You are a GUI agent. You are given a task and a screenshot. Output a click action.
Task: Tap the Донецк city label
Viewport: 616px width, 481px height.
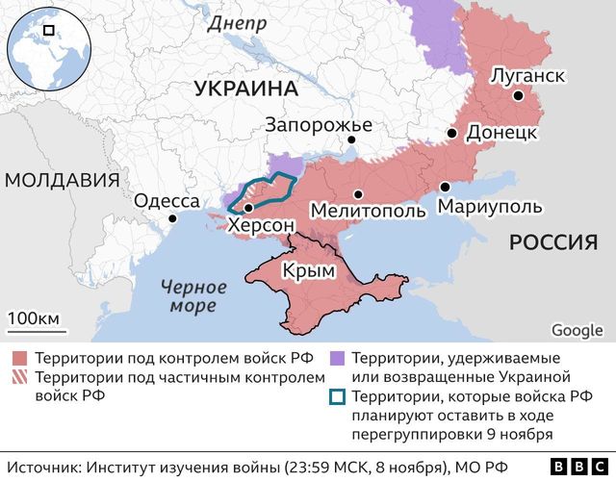click(501, 133)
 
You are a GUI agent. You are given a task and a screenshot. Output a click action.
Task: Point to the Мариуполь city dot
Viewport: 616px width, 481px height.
click(445, 188)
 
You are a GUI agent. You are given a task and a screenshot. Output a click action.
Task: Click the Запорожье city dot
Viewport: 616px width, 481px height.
click(351, 140)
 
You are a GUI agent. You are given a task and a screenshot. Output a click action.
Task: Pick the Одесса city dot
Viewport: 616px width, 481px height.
click(173, 219)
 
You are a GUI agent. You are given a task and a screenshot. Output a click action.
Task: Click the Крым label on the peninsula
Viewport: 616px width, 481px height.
click(309, 271)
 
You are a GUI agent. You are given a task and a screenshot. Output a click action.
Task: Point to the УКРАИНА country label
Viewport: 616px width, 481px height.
click(245, 89)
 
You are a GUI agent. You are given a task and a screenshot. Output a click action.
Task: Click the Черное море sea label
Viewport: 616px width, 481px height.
click(193, 296)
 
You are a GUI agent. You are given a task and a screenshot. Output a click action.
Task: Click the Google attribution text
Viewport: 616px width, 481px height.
click(577, 330)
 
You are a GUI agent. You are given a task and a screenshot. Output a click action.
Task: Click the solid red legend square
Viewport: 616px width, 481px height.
click(18, 358)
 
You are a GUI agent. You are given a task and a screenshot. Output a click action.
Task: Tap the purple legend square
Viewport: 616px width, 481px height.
click(337, 358)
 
